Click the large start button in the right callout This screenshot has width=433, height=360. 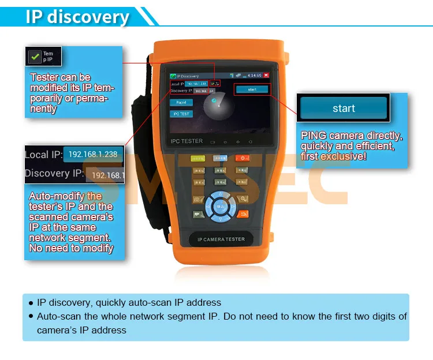tap(344, 108)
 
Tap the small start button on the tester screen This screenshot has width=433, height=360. tap(252, 89)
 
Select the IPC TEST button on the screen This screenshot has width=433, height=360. tap(181, 114)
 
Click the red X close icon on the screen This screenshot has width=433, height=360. tap(266, 75)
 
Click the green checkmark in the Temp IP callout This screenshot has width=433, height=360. tap(35, 57)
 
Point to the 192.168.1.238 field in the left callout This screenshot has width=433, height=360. tap(93, 154)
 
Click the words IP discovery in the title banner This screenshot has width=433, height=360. tap(77, 16)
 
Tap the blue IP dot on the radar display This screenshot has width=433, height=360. tap(214, 100)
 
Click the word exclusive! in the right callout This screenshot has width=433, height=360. tap(344, 156)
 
